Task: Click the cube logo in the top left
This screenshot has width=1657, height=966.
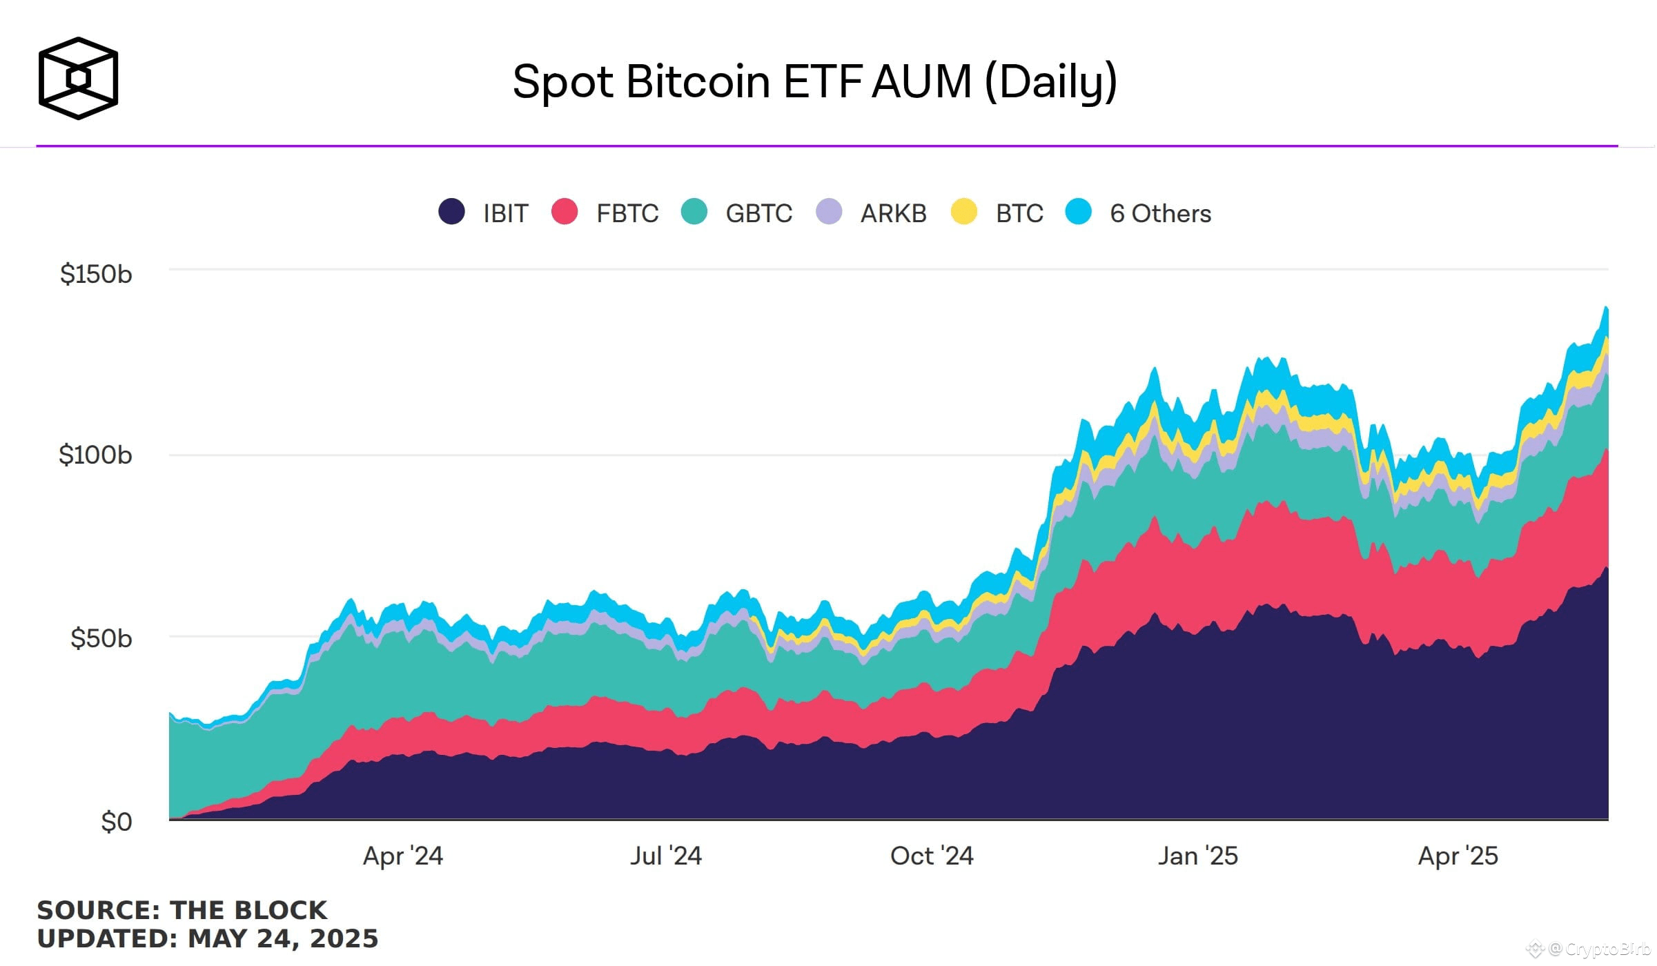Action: (x=78, y=78)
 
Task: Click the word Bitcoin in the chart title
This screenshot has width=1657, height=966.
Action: (x=698, y=81)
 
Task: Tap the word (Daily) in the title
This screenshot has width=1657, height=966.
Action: (x=1050, y=81)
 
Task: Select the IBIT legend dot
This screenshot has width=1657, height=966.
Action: (x=452, y=212)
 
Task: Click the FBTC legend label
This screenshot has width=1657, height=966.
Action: (x=627, y=213)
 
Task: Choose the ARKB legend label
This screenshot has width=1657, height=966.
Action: (x=893, y=213)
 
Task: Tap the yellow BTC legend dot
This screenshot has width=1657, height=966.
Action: (x=963, y=212)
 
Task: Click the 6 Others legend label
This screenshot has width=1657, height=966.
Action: (x=1160, y=213)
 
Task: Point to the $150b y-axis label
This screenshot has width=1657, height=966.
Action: (x=96, y=274)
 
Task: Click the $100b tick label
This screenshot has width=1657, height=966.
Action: (x=95, y=455)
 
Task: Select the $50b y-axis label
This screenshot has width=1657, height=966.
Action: (x=101, y=638)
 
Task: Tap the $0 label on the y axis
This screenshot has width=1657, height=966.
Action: (x=116, y=821)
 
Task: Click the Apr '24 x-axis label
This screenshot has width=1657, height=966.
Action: (x=403, y=856)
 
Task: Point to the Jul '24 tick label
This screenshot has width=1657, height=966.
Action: (x=665, y=856)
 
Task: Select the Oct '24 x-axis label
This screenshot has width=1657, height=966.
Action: (x=932, y=856)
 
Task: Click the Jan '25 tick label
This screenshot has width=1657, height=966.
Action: (x=1197, y=856)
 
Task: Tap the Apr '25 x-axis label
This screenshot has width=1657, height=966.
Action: (x=1458, y=856)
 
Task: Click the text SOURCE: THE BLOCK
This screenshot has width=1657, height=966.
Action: (x=182, y=909)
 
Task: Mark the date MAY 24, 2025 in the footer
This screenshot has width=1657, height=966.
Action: (x=283, y=938)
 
